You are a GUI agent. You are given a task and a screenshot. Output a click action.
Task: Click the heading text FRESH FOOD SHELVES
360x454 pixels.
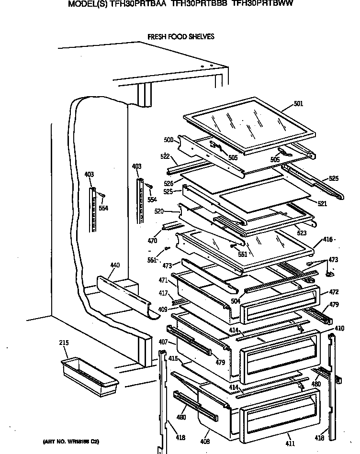(x=180, y=36)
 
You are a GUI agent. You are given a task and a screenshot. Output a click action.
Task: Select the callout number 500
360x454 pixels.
(x=168, y=140)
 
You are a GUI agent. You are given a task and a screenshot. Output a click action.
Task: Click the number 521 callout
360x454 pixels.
(x=322, y=203)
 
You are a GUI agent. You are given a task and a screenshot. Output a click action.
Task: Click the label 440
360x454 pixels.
(x=115, y=265)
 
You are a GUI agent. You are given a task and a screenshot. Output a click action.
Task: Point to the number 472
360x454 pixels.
(x=333, y=291)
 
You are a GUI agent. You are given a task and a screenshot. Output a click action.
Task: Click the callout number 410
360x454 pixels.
(x=339, y=328)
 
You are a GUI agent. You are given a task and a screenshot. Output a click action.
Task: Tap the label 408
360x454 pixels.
(x=205, y=441)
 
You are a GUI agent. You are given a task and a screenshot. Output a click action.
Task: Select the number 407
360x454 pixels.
(x=164, y=342)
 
